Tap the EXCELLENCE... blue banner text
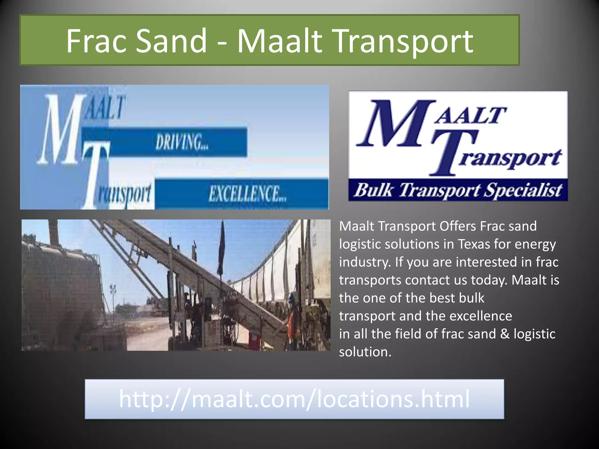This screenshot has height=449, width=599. click(247, 194)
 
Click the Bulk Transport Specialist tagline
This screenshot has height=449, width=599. click(458, 190)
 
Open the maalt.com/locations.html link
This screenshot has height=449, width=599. click(294, 399)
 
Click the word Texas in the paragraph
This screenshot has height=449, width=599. click(474, 244)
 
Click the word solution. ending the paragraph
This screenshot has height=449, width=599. click(365, 352)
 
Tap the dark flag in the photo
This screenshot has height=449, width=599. click(221, 248)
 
